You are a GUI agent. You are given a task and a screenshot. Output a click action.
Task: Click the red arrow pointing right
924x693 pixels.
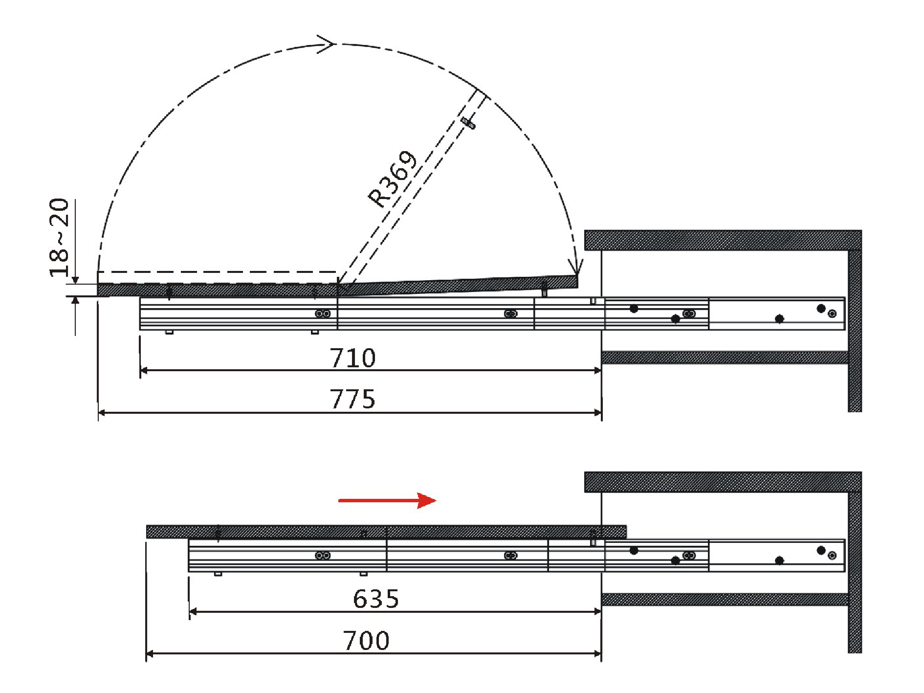point(387,500)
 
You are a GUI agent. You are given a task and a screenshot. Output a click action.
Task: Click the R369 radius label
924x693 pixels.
point(393,179)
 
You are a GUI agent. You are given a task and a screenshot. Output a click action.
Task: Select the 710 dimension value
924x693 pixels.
point(352,358)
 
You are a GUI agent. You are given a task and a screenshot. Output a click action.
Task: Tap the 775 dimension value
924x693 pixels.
point(352,399)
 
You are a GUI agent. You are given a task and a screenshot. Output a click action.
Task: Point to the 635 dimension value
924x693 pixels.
point(376,599)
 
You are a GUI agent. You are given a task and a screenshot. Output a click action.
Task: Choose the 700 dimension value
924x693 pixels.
point(366,641)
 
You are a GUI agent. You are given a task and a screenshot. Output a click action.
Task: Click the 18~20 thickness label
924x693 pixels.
point(60,238)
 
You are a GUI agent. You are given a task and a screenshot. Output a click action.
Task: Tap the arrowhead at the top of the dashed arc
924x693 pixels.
point(327,44)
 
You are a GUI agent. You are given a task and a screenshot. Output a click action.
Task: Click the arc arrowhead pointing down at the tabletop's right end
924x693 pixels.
point(577,268)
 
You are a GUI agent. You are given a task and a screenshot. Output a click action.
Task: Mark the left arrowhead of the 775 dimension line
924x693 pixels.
point(102,413)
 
